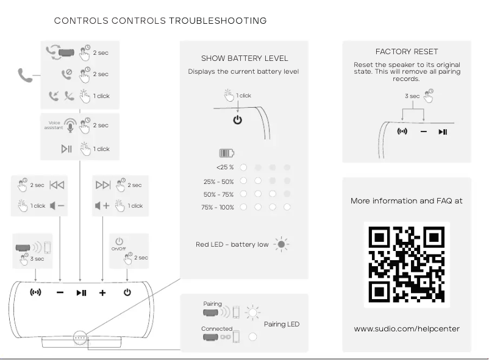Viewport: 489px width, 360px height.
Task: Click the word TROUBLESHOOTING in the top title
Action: [218, 21]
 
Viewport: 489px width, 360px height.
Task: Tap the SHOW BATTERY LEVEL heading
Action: [245, 58]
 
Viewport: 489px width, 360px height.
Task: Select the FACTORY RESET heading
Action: [407, 52]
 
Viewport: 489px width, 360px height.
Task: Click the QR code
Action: [407, 264]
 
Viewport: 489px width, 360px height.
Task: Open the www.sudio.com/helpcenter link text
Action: [407, 329]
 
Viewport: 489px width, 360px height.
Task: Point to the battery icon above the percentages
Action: [227, 154]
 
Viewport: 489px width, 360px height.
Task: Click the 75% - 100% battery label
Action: [218, 207]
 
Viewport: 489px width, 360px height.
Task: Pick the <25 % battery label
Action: [224, 167]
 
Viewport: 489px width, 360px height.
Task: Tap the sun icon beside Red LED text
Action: [281, 244]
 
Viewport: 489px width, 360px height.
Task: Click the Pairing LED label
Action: [282, 324]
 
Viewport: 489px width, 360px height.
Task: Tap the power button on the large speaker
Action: [127, 292]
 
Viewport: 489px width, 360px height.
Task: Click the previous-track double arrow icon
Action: [57, 185]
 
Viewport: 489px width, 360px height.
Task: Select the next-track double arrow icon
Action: [103, 185]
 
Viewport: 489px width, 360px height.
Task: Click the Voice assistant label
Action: [53, 125]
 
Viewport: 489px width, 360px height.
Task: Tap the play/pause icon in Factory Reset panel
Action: [443, 132]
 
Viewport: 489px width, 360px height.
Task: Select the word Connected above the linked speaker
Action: [217, 329]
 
